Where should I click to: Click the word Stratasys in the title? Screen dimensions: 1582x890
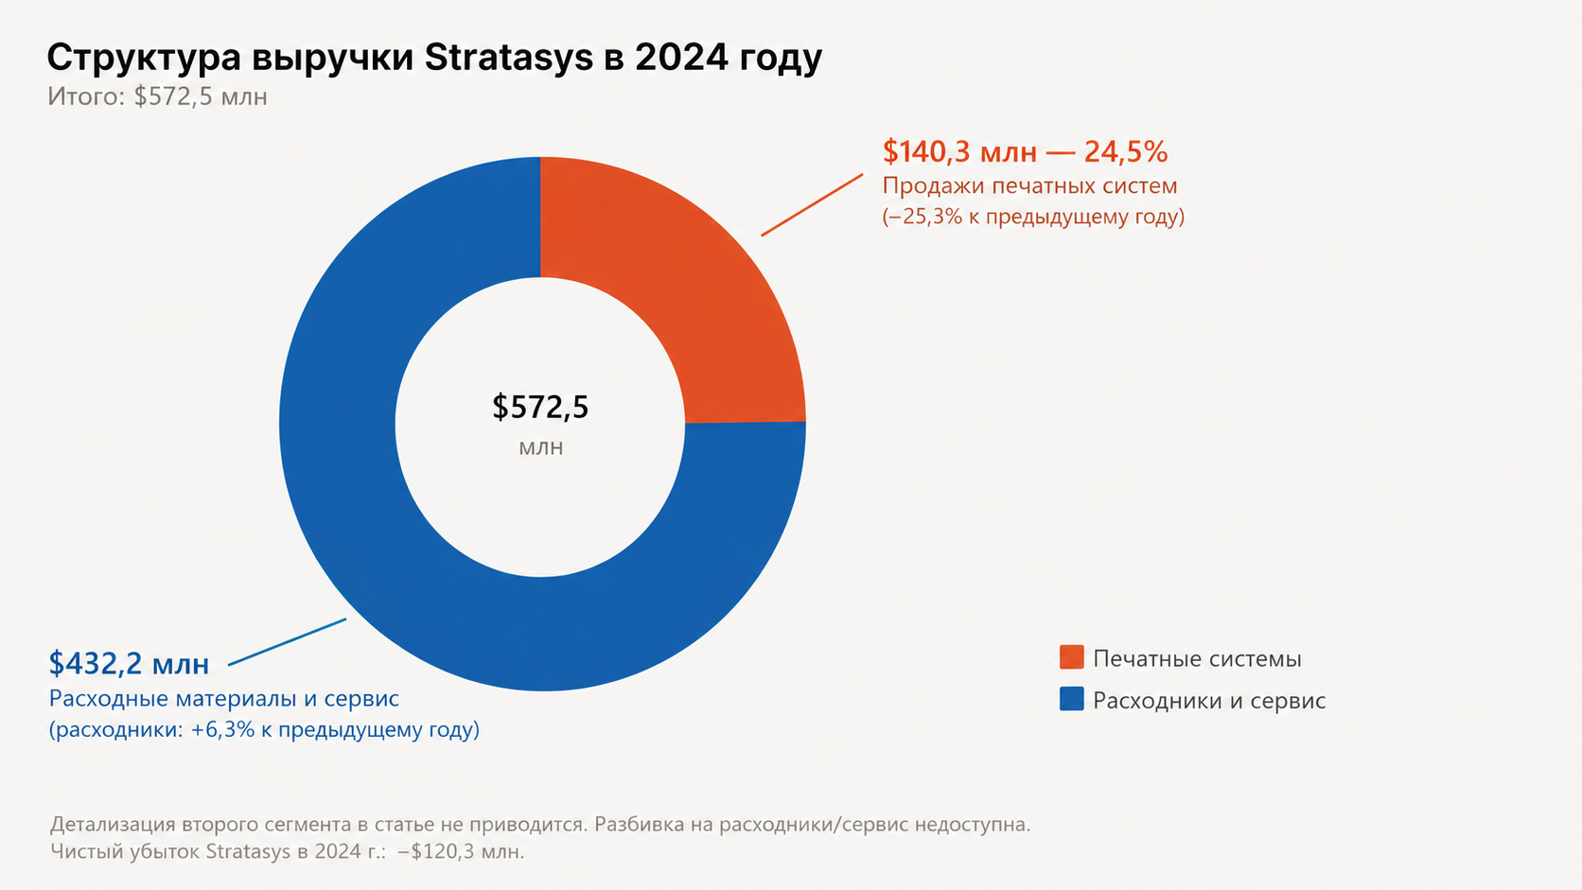[508, 58]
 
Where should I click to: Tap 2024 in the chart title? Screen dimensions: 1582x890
[681, 58]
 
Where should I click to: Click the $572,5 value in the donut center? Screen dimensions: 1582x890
[540, 408]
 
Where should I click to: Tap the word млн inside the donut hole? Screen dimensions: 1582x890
[541, 447]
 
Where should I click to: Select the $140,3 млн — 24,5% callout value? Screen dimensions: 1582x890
[1026, 151]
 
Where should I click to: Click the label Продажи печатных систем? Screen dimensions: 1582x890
[1029, 186]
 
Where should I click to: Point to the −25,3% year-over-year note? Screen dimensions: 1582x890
[1033, 217]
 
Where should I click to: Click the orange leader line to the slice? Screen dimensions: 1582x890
[812, 204]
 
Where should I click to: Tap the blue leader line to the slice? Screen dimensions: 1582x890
[288, 641]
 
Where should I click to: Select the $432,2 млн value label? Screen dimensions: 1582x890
[130, 664]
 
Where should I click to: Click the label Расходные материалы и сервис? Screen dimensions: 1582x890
[224, 699]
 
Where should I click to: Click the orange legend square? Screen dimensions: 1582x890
[1071, 657]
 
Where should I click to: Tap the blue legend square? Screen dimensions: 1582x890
[1071, 699]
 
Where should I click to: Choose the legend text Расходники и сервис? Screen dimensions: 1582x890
[1209, 701]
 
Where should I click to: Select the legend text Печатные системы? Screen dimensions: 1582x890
[1197, 659]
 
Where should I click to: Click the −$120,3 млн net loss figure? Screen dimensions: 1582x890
[461, 852]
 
